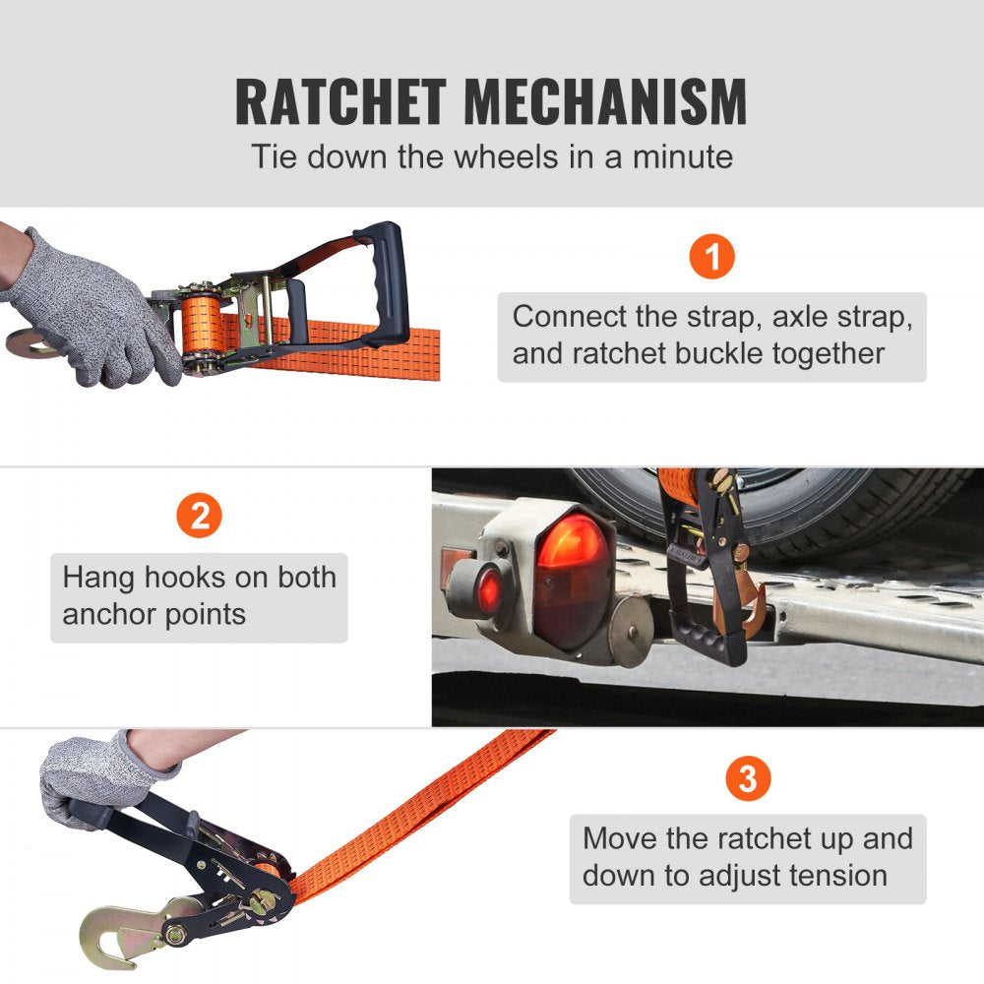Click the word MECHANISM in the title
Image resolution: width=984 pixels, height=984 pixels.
tap(605, 101)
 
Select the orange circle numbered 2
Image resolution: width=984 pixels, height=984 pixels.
tap(200, 517)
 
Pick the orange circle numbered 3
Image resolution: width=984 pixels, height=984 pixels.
tap(747, 780)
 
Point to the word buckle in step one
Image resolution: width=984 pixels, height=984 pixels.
tap(717, 353)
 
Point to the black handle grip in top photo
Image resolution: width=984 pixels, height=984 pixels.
tap(389, 280)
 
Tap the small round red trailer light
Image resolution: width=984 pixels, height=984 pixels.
tap(489, 590)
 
